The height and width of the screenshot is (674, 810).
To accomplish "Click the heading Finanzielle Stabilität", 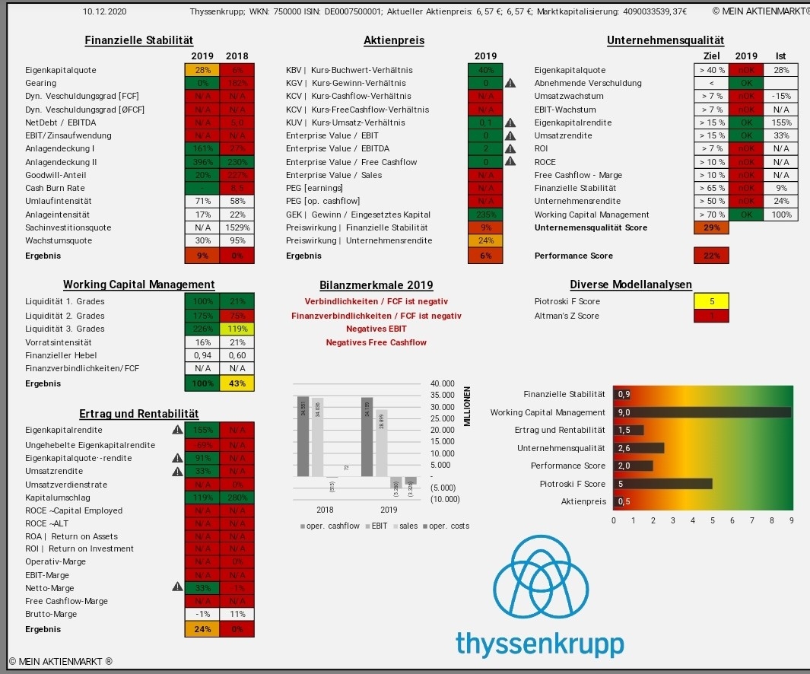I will [x=138, y=40].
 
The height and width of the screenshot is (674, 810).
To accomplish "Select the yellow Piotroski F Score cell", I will [x=711, y=302].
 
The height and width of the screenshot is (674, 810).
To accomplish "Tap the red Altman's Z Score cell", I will [x=711, y=315].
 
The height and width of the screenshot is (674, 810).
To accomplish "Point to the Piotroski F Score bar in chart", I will [x=662, y=484].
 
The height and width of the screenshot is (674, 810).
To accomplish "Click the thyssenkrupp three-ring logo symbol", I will [x=540, y=582].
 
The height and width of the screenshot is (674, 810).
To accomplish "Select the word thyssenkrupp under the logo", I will [x=539, y=643].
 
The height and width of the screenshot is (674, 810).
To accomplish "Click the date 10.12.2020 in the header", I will [x=104, y=12].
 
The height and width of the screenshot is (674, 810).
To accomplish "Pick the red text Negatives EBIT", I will [x=376, y=329].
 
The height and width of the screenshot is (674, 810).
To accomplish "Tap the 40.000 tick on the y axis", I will [x=442, y=383].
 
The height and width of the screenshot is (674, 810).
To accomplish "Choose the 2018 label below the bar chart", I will [x=325, y=510].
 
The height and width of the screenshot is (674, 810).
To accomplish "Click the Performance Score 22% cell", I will [x=711, y=256].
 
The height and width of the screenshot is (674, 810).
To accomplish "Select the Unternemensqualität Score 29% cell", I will [x=711, y=227].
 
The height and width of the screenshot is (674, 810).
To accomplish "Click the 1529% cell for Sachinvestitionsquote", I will [x=237, y=227].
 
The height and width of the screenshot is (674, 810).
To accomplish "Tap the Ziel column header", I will [x=711, y=56].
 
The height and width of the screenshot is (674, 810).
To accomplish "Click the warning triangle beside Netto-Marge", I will [x=178, y=587].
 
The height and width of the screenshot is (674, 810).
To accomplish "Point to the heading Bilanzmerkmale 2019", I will [x=377, y=285].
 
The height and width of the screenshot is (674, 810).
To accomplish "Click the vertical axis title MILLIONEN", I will [x=467, y=406].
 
